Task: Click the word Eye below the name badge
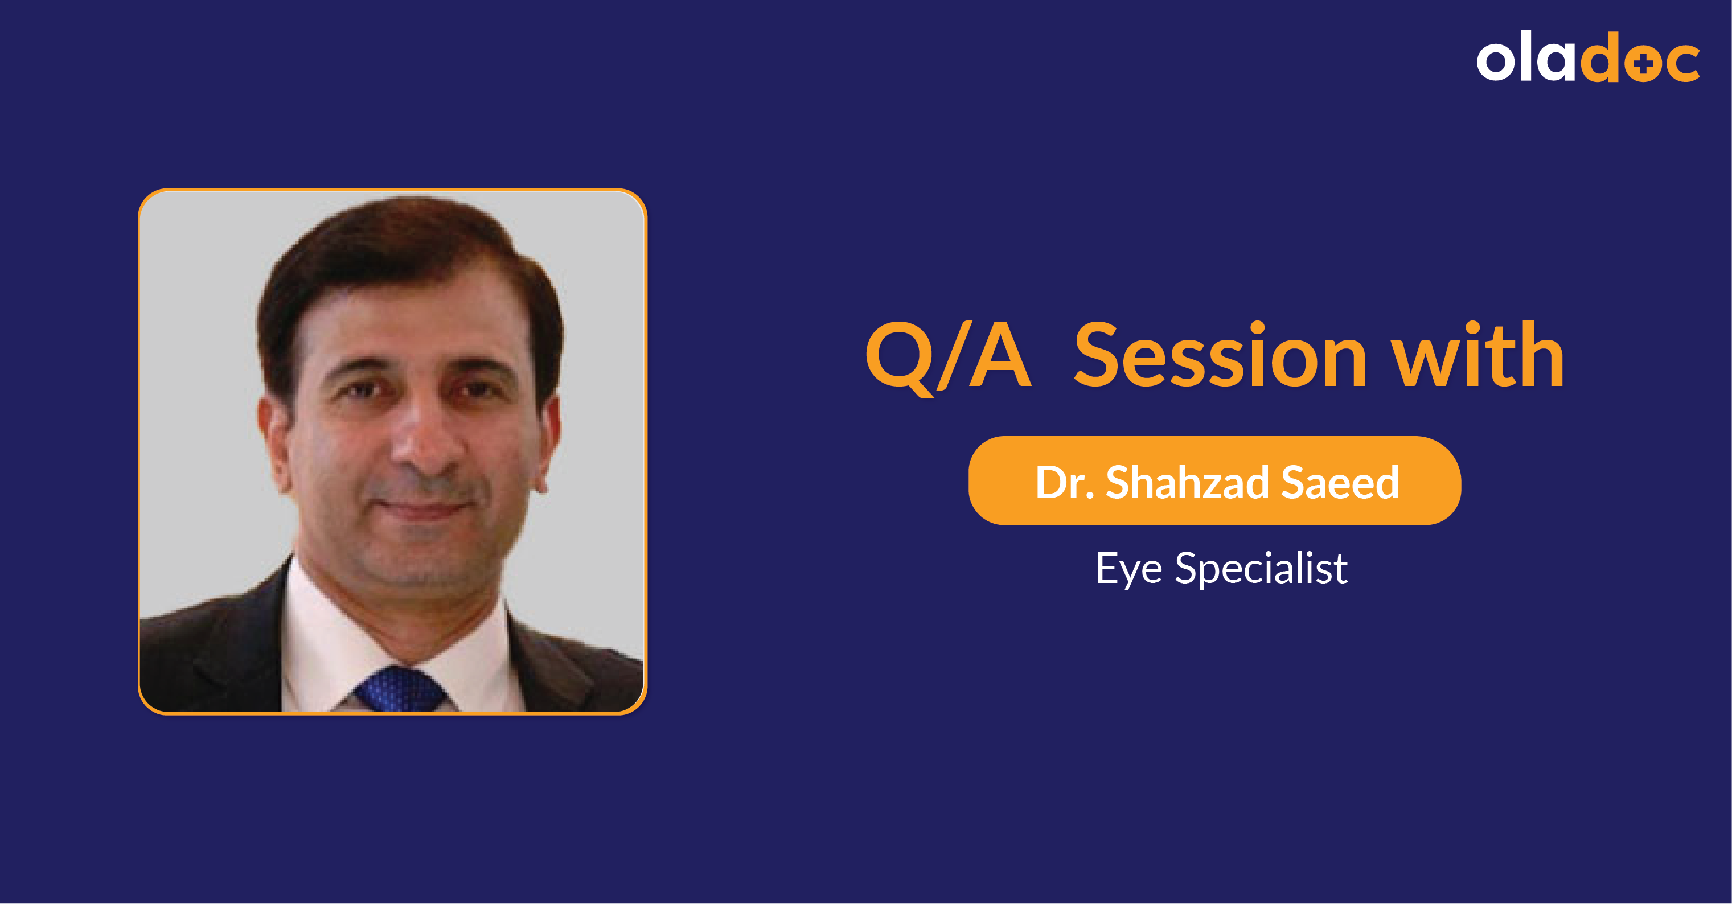[x=1129, y=569]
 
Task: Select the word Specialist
[x=1261, y=569]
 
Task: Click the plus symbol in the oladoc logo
[x=1643, y=64]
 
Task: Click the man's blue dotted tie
[x=400, y=689]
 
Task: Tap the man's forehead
[x=417, y=316]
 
